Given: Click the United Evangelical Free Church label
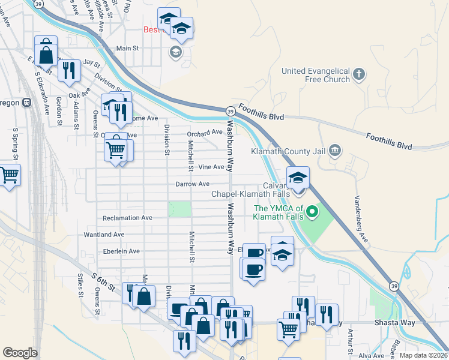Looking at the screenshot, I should [316, 76].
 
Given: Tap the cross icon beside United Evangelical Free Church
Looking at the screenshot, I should [359, 74].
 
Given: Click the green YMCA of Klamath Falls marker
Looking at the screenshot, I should [312, 212].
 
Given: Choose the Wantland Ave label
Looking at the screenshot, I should [104, 235].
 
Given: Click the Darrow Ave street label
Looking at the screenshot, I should [192, 184].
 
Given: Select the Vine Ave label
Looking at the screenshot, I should [211, 167].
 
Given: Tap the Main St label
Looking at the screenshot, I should [127, 48].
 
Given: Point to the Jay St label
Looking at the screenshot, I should [91, 62].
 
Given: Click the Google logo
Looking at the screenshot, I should [20, 352].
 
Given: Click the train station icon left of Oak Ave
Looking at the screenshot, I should [26, 102].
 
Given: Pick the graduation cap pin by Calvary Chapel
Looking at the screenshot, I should [297, 178].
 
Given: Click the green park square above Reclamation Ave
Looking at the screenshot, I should [179, 209].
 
